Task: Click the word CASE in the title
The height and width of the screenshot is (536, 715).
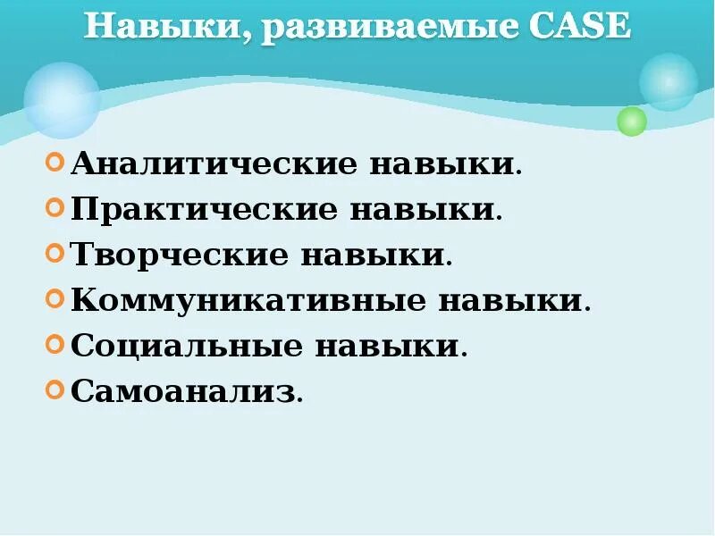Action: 580,26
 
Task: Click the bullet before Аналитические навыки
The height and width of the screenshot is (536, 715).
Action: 55,163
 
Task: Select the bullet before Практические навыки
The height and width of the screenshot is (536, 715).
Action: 55,209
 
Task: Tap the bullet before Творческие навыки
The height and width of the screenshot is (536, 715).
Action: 55,255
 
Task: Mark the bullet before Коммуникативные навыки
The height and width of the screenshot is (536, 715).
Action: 55,300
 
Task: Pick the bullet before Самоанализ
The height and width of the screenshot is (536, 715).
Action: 55,390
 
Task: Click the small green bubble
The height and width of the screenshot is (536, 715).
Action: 632,121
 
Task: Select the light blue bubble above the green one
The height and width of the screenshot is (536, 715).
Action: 668,81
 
